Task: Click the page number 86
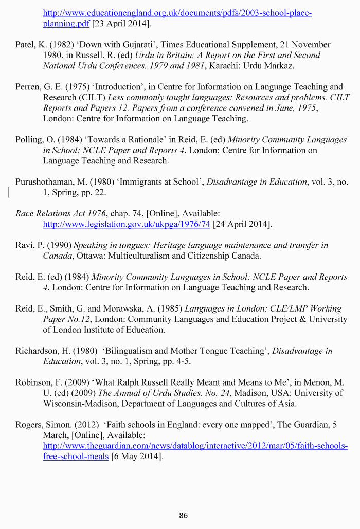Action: click(184, 515)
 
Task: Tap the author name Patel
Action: click(24, 45)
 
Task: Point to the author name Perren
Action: click(27, 87)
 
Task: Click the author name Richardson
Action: click(37, 351)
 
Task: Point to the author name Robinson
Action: click(33, 382)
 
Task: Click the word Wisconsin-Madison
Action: click(79, 404)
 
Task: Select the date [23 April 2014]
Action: click(121, 24)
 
